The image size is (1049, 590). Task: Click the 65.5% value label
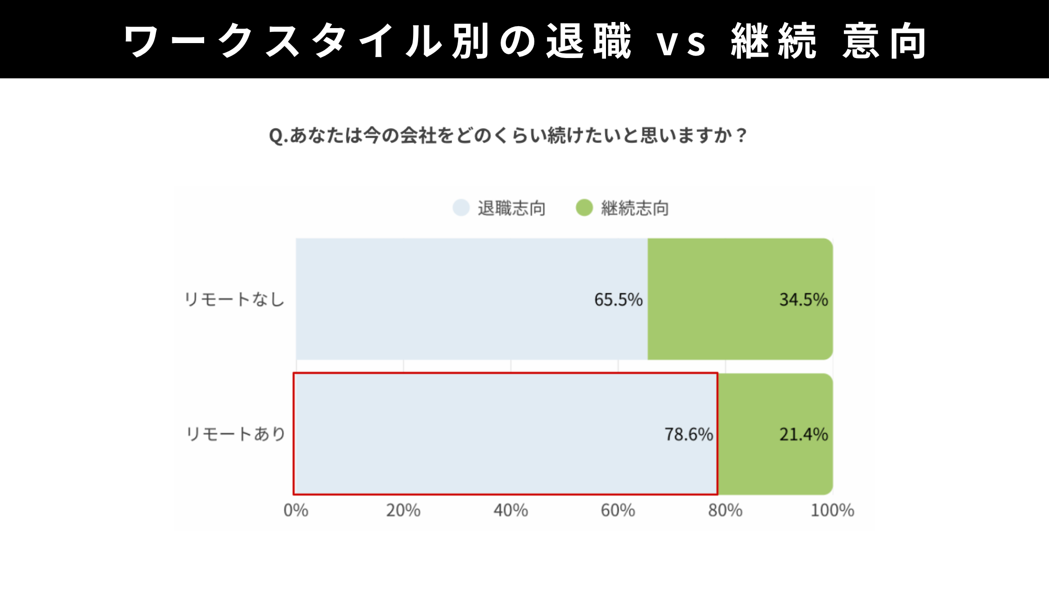(x=618, y=300)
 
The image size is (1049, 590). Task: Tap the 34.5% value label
(x=803, y=300)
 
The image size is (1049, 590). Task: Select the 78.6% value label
(x=688, y=435)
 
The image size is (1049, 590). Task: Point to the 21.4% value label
(x=803, y=435)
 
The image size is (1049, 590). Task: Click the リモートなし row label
(x=235, y=299)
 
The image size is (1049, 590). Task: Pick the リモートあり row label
(x=236, y=434)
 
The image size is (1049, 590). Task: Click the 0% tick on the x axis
(x=296, y=510)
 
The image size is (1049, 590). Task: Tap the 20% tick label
(x=403, y=510)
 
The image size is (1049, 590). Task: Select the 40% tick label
(x=510, y=510)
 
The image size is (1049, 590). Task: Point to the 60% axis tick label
(x=618, y=510)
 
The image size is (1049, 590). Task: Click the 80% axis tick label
(x=725, y=510)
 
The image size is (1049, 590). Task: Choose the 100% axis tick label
(x=832, y=510)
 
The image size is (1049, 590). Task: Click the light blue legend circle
(x=461, y=208)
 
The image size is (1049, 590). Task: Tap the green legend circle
(x=584, y=208)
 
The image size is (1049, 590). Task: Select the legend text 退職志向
(x=511, y=208)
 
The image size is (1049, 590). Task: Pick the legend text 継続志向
(x=635, y=208)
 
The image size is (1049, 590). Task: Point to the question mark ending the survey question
(x=741, y=136)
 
